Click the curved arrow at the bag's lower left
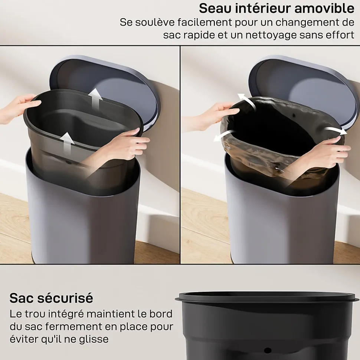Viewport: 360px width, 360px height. point(224,136)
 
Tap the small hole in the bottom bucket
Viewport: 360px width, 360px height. point(268,350)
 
